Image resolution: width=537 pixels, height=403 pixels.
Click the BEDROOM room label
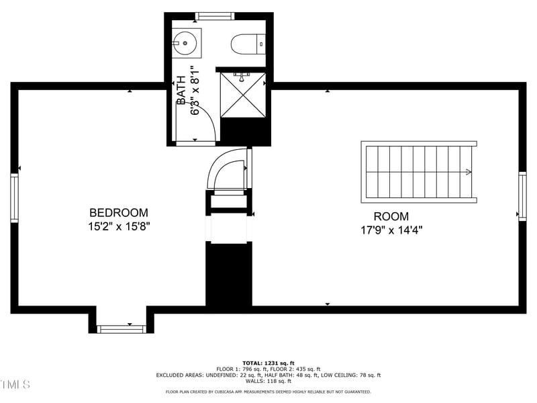[x=119, y=213]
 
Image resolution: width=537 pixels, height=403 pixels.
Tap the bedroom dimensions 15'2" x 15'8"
[x=119, y=227]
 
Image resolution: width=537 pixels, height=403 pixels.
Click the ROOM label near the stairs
[x=391, y=216]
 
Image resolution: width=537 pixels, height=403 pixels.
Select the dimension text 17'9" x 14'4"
[x=391, y=230]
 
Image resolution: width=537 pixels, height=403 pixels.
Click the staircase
[x=419, y=172]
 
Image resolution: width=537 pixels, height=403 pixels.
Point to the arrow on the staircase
[x=467, y=172]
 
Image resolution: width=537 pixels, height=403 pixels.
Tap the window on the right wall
[x=522, y=195]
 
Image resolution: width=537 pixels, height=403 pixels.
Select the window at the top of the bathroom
[x=215, y=15]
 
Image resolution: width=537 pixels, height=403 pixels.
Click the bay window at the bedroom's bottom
[x=121, y=328]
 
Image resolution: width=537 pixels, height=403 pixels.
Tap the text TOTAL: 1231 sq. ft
[x=268, y=363]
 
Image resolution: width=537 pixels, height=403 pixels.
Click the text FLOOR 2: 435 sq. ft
[x=295, y=369]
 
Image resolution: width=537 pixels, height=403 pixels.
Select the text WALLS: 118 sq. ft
[x=268, y=381]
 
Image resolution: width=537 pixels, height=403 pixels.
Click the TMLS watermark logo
[x=15, y=384]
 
